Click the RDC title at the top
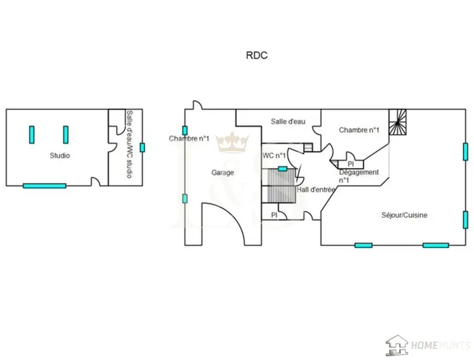click(257, 56)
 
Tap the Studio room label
click(60, 156)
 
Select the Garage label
click(222, 173)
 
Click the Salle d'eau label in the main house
click(288, 121)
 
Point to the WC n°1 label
click(274, 156)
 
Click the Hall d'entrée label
click(316, 190)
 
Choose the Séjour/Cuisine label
click(404, 216)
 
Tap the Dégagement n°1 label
click(358, 176)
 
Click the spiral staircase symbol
click(398, 121)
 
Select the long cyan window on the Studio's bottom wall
click(44, 186)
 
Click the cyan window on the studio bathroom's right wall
click(142, 147)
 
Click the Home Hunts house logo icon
click(397, 345)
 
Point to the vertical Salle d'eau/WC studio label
click(130, 144)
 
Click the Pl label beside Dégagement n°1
click(350, 164)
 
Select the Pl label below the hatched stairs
click(274, 216)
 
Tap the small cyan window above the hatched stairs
click(282, 169)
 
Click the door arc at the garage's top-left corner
click(198, 104)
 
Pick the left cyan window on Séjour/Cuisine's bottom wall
click(364, 245)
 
